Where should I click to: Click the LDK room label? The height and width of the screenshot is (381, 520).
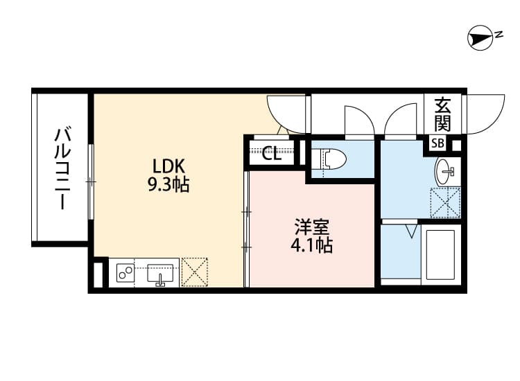point(168,166)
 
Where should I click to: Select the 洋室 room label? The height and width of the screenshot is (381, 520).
point(312,227)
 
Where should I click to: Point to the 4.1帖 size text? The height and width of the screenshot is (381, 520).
point(312,245)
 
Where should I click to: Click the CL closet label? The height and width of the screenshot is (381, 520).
point(272,154)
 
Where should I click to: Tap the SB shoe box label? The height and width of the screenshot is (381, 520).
point(437,143)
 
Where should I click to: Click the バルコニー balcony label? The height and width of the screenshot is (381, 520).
point(62,169)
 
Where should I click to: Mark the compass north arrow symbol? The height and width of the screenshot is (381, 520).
point(480,38)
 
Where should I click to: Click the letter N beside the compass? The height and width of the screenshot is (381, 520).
point(499,34)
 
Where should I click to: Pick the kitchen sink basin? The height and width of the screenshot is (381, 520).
point(160,273)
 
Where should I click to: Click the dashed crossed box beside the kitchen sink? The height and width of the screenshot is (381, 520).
point(195,272)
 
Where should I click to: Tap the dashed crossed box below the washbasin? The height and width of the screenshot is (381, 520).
point(445,203)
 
